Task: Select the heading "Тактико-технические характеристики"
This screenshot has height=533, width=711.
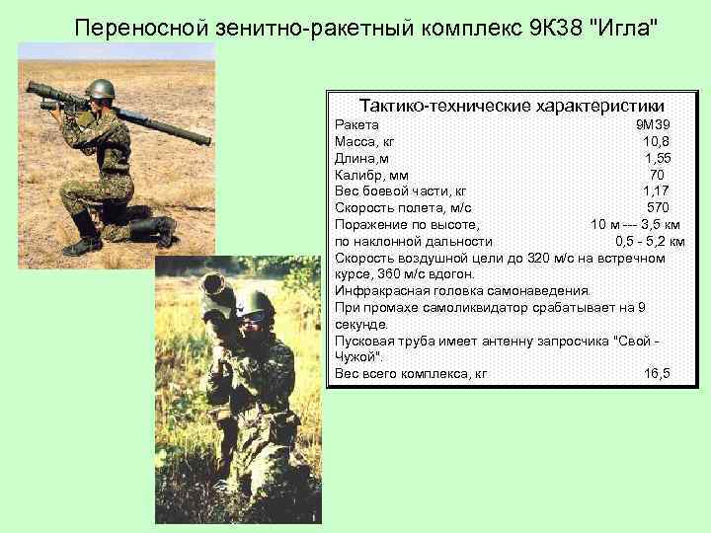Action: pos(512,106)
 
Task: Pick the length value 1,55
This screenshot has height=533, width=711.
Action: pos(658,159)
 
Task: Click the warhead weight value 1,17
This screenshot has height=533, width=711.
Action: pos(658,191)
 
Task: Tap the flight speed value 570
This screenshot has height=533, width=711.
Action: pos(659,208)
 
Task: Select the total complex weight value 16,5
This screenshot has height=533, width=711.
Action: pos(657,373)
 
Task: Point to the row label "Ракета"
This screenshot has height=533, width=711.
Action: pos(357,125)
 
